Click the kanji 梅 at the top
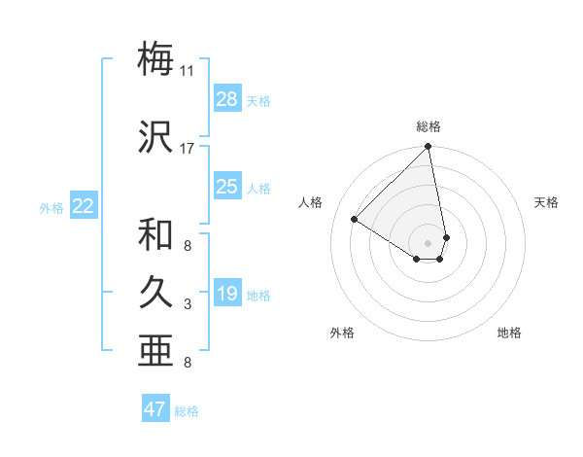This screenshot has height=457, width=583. pos(156,59)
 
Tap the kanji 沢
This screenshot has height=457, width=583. pos(156,137)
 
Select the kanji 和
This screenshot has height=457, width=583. pos(156,234)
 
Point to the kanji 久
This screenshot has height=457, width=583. pos(156,294)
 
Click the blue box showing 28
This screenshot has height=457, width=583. pos(227,99)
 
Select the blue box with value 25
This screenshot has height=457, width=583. pos(227,187)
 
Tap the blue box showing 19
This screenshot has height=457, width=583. pos(227,294)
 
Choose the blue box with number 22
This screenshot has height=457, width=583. pos(84,206)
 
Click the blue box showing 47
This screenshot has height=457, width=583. pos(155,409)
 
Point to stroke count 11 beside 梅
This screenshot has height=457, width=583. pos(188,71)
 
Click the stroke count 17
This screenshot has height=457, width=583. pos(188,149)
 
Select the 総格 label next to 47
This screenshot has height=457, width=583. pos(187,411)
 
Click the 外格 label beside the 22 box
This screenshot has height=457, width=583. pos(51,207)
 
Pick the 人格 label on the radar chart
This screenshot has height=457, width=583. pos(311,202)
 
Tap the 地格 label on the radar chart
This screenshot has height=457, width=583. pos(509,333)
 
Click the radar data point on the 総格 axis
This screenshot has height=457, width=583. pos(428,148)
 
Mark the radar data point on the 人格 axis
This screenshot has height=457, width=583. pos(355,220)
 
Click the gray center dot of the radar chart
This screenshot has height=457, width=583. pos(428,240)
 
